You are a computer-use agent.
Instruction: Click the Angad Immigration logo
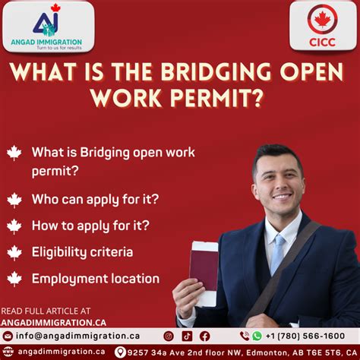point(47,27)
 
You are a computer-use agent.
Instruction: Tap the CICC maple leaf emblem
point(322,19)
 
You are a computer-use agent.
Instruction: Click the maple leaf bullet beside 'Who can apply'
point(14,200)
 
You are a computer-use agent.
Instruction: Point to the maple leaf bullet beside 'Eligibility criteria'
point(14,253)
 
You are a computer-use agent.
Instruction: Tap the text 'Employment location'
point(96,279)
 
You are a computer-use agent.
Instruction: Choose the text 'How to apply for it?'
point(90,226)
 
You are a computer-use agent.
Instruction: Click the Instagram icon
point(169,336)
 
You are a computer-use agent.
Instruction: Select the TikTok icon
point(187,336)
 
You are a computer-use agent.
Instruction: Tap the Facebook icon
point(204,336)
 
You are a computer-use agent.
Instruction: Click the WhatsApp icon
point(257,336)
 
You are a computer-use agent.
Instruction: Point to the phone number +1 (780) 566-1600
point(305,336)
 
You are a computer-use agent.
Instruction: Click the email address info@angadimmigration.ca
point(77,336)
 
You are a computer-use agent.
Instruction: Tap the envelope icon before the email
point(8,336)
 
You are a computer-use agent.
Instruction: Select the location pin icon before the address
point(120,352)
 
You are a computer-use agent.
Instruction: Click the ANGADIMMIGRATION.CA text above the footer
point(53,323)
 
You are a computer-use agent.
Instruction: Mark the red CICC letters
point(322,43)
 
